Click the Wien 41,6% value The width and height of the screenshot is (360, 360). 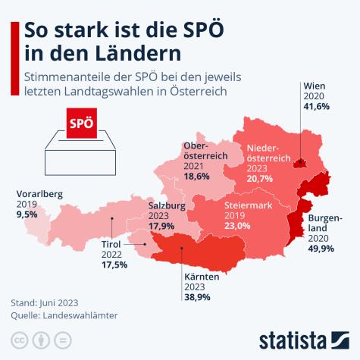(x=316, y=108)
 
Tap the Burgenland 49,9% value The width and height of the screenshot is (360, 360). (x=319, y=247)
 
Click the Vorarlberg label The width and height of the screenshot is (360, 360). (x=39, y=194)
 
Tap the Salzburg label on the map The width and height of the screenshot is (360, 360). (x=167, y=205)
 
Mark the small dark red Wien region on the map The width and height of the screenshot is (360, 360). (x=300, y=162)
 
